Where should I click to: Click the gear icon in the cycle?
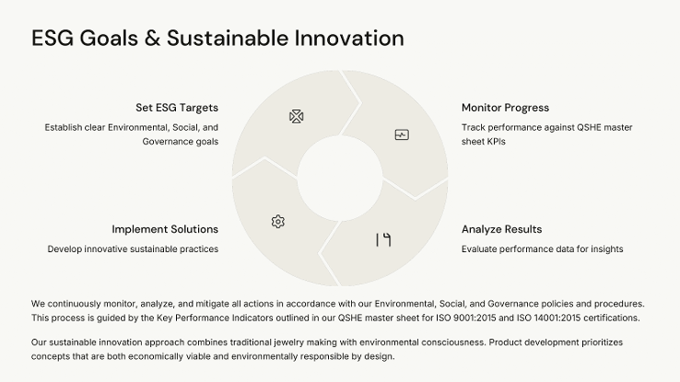[x=278, y=222]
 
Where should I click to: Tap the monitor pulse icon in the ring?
[x=402, y=134]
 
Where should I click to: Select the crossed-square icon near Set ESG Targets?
[x=296, y=117]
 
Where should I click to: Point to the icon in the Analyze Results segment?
[x=383, y=240]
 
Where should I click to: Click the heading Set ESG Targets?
[x=177, y=108]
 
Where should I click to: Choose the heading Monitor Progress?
[x=505, y=108]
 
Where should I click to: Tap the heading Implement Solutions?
[x=165, y=229]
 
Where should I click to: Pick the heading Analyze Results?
[x=502, y=229]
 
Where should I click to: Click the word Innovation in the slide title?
[x=349, y=38]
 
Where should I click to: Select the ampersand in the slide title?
[x=152, y=38]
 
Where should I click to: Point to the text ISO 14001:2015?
[x=548, y=318]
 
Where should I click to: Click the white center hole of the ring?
[x=340, y=178]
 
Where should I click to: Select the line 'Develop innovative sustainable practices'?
[x=133, y=249]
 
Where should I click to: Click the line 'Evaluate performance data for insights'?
[x=542, y=249]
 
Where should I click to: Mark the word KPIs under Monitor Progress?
[x=496, y=142]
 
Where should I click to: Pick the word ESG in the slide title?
[x=53, y=38]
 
